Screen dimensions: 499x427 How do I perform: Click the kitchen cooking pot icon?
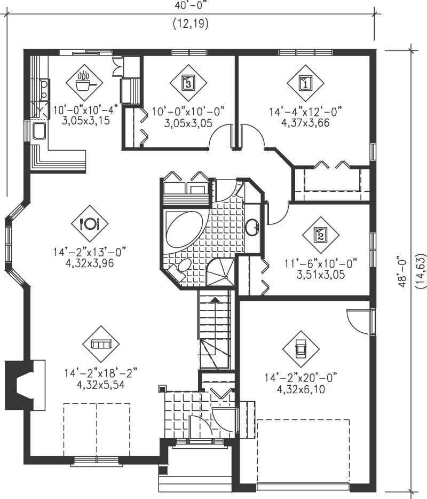click(84, 83)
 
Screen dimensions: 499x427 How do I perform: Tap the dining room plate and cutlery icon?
click(89, 223)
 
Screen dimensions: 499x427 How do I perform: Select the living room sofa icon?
click(98, 344)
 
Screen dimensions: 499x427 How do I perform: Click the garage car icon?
click(301, 349)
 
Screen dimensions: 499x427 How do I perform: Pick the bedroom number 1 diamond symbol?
click(305, 83)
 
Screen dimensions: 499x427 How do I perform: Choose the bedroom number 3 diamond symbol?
click(188, 83)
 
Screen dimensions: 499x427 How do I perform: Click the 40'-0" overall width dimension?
click(190, 5)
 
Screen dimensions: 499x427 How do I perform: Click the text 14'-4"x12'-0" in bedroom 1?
click(305, 111)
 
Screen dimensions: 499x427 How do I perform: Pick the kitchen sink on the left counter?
click(39, 131)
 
